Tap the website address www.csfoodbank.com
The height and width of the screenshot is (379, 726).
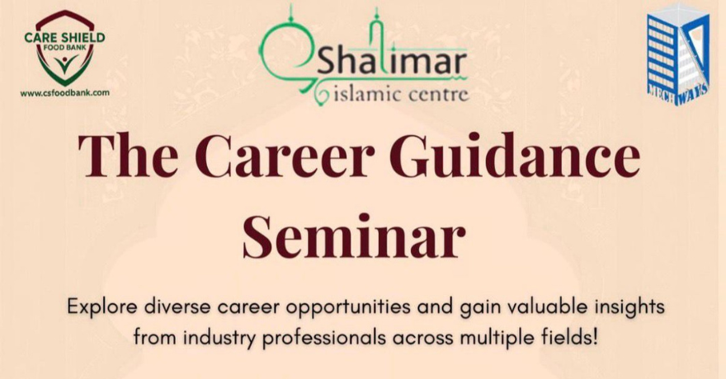click(64, 93)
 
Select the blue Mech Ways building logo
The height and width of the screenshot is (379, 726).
click(678, 54)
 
